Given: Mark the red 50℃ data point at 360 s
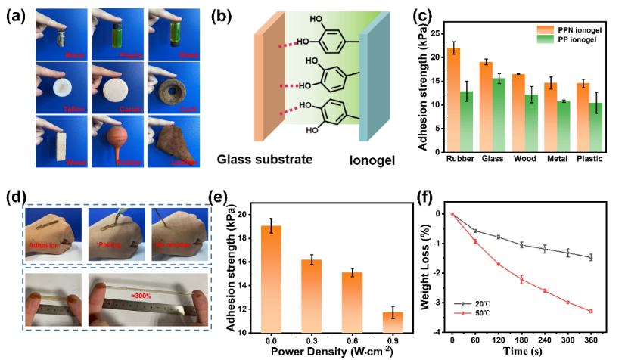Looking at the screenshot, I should [591, 311].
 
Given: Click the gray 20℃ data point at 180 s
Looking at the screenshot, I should [521, 244].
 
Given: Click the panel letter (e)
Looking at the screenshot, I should [219, 198].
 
